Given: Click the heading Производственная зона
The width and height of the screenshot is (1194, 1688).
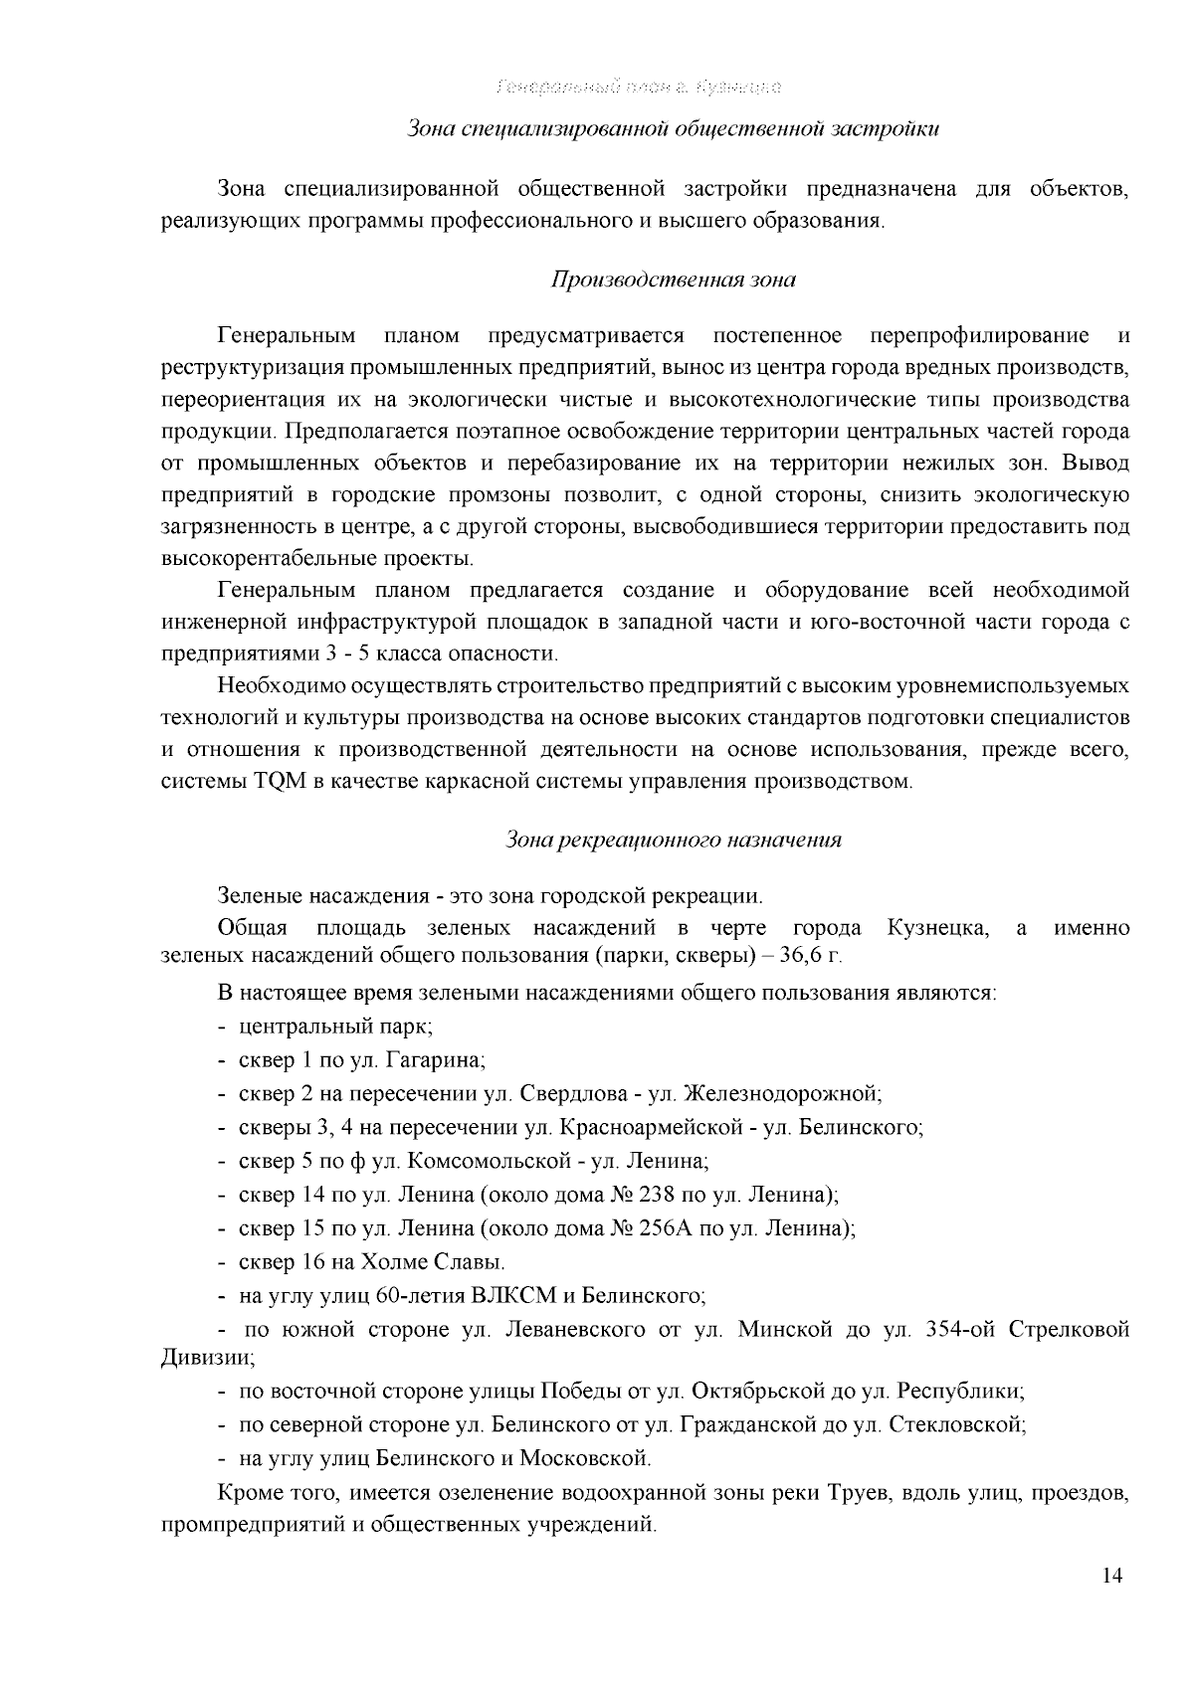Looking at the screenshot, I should click(674, 280).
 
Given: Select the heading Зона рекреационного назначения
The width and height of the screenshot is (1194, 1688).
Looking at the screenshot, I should click(674, 840).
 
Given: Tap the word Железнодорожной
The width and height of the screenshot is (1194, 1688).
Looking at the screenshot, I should click(783, 1094).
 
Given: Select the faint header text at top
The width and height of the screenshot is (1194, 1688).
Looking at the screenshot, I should click(638, 87).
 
